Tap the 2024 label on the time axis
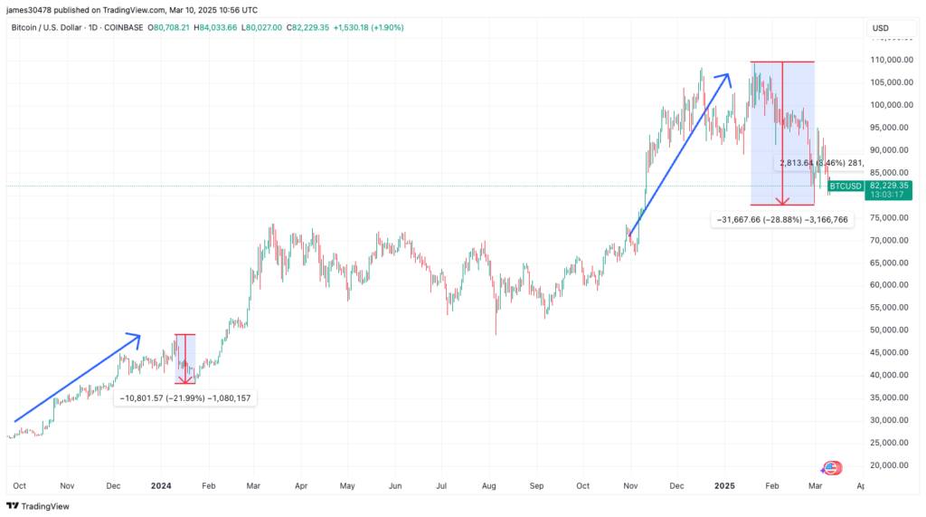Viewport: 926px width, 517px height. tap(161, 486)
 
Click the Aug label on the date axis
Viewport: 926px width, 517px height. tap(489, 486)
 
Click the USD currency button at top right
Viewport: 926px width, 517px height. tap(880, 28)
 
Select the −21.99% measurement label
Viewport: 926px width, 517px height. tap(185, 398)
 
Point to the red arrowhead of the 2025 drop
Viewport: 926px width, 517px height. tap(783, 201)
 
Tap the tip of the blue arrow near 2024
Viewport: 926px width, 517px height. tap(139, 336)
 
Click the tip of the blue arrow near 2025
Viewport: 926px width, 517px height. tap(729, 75)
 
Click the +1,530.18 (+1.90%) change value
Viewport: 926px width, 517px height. tap(368, 27)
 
